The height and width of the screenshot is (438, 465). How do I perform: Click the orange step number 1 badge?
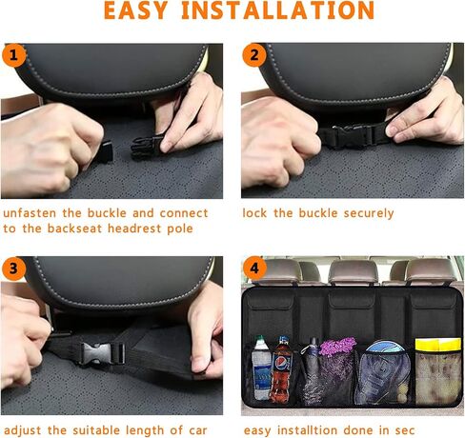pos(13,55)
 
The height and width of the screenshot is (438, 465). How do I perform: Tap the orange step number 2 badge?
pos(254,55)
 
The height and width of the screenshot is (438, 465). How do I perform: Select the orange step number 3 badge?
pos(13,269)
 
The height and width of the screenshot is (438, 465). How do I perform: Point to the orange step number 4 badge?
pos(254,269)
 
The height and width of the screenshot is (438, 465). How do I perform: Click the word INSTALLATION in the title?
pos(278,10)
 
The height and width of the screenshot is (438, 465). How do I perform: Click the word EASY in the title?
pos(135,10)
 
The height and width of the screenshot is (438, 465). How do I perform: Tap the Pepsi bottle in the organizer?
pos(281,369)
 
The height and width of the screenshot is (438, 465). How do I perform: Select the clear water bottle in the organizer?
pos(261,368)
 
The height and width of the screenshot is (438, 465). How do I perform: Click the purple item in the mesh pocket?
pos(337,346)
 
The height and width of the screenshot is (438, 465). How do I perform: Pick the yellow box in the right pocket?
pos(438,345)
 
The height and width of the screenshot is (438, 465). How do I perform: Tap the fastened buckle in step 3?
pos(102,352)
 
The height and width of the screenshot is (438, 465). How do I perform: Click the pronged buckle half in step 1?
pos(147,148)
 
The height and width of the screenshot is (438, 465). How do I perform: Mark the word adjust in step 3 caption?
pos(22,430)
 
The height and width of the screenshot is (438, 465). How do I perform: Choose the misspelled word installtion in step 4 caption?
pos(307,430)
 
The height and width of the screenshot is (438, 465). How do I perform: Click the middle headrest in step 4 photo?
pos(353,271)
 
